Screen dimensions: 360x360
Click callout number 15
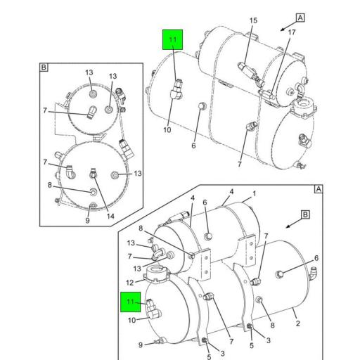(253, 20)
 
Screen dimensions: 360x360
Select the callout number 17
(292, 32)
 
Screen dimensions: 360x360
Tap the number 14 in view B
(110, 216)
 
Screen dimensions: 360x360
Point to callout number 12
(129, 283)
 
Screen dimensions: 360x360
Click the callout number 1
(255, 194)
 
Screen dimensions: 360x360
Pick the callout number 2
(297, 323)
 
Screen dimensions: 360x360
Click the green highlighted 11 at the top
(173, 39)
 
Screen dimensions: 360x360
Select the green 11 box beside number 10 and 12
(131, 302)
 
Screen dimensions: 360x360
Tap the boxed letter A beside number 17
(300, 18)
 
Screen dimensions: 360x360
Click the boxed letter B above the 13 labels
(44, 67)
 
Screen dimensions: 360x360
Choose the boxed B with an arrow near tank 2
(305, 214)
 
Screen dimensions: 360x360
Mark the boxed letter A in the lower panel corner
(319, 189)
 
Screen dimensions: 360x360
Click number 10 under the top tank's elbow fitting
(167, 130)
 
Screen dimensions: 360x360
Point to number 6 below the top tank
(193, 146)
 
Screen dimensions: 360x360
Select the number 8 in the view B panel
(50, 185)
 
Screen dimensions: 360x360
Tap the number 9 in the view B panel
(87, 220)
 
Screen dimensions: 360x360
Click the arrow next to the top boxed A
(288, 26)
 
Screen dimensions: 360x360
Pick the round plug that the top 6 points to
(202, 106)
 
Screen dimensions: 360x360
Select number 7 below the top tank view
(239, 165)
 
